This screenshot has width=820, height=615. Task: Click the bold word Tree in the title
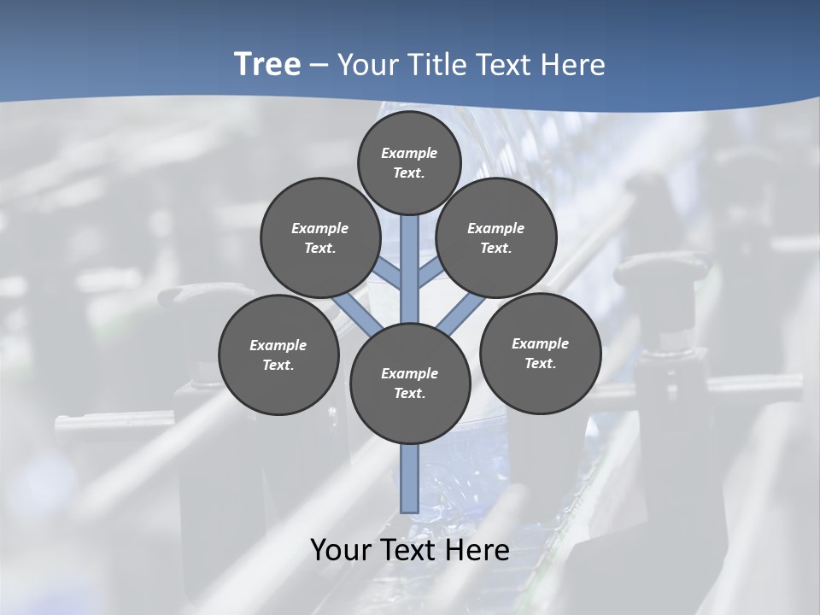[x=267, y=65]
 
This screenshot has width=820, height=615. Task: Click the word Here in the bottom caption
[x=475, y=550]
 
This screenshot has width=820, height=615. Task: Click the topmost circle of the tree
[x=409, y=162]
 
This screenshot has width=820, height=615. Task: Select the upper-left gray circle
[x=320, y=237]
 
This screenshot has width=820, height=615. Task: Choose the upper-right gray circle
[x=496, y=237]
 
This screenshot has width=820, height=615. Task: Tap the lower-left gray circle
[x=278, y=354]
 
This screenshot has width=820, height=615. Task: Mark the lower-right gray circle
[x=540, y=353]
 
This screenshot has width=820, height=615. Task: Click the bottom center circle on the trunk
[x=410, y=384]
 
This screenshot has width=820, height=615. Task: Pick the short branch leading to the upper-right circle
[x=430, y=273]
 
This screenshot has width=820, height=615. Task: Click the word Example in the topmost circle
[x=409, y=153]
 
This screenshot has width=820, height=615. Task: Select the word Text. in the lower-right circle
[x=540, y=363]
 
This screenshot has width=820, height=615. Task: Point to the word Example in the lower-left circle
[x=278, y=345]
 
